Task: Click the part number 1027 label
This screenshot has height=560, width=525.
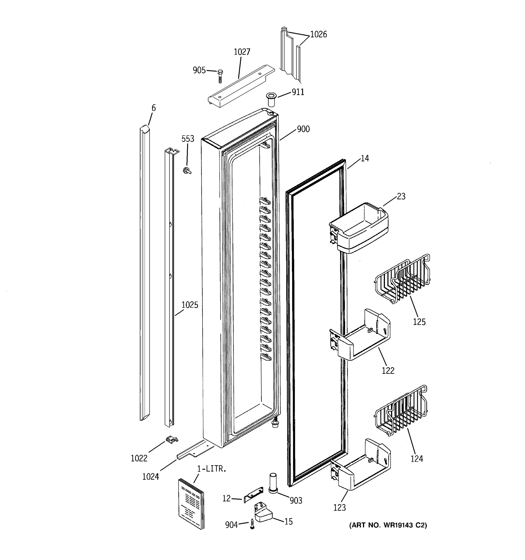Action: pyautogui.click(x=242, y=52)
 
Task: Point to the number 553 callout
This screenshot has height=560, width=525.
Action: pyautogui.click(x=188, y=139)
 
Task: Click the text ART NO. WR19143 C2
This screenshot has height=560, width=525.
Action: pyautogui.click(x=388, y=525)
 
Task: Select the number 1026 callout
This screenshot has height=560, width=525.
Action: pyautogui.click(x=318, y=34)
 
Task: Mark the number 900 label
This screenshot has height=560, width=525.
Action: pyautogui.click(x=303, y=129)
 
